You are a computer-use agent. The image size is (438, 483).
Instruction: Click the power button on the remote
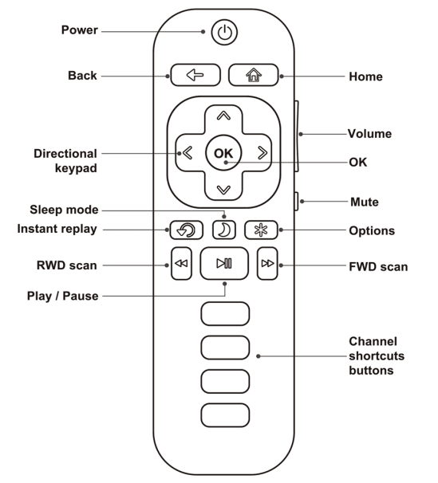224,33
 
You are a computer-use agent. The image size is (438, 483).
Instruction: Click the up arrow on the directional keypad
224,116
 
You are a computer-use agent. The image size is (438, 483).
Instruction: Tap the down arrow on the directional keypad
224,190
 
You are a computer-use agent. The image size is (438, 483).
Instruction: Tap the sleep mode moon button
224,230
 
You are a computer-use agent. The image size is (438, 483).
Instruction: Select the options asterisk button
259,230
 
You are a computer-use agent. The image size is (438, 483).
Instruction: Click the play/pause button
224,265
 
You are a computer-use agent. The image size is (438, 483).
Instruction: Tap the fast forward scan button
266,265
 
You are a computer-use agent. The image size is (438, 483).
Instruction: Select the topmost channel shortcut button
224,314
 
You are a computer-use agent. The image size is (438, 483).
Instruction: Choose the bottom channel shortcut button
224,414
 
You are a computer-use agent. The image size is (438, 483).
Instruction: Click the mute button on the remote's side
297,202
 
